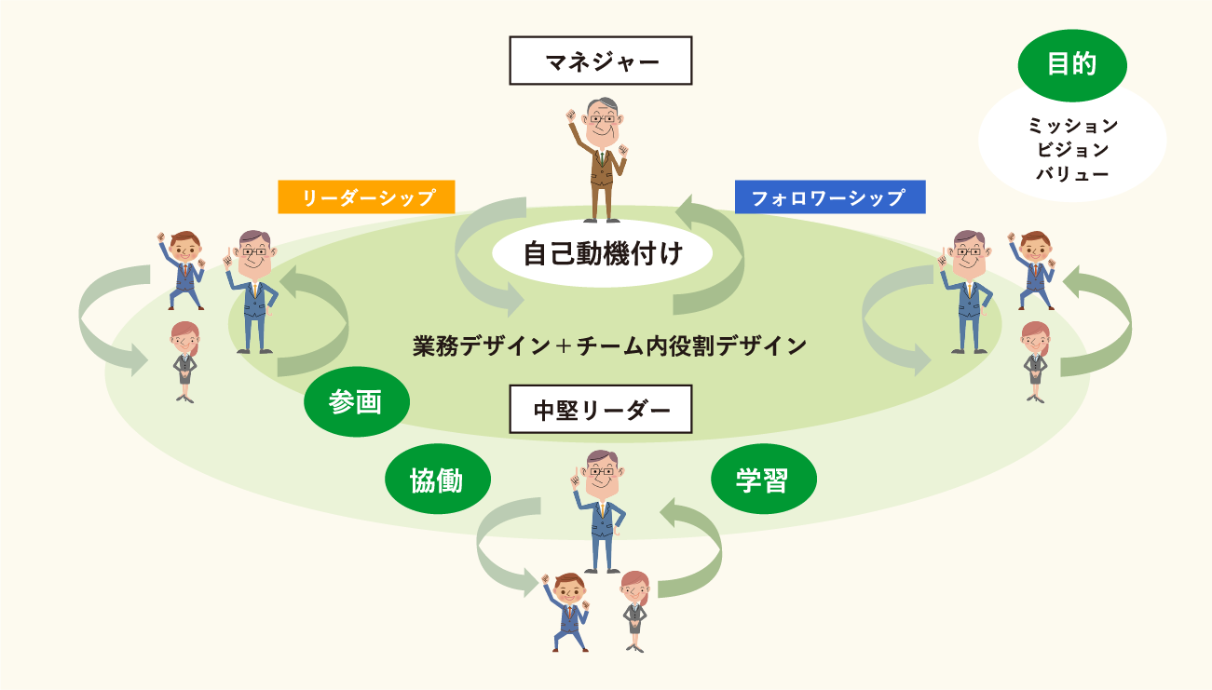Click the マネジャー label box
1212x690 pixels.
pos(601,61)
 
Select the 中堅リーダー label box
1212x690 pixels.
pos(601,410)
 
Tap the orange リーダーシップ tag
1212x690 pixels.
pos(366,197)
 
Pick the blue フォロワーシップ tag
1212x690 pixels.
pos(829,197)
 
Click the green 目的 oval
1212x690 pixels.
pos(1072,64)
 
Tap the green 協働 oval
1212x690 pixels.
pos(437,480)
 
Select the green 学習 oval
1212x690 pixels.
pos(763,480)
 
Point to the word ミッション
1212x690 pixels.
pos(1072,125)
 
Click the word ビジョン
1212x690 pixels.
pos(1072,149)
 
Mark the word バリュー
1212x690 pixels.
pos(1072,172)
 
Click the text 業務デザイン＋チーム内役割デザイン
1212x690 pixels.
pos(609,346)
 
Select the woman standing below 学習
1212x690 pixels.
pos(634,610)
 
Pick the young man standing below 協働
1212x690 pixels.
pos(567,611)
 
